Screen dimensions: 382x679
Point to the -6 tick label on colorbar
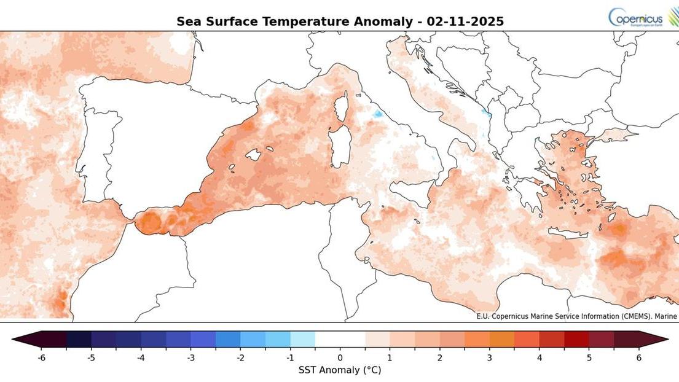41,357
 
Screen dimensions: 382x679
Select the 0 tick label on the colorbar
340,357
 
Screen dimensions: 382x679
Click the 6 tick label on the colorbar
639,357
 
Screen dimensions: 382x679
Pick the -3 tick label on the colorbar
190,357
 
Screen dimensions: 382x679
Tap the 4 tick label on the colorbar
540,357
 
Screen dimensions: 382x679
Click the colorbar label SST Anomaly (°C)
340,370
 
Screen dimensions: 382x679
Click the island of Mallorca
253,155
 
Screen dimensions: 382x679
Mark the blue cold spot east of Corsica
378,114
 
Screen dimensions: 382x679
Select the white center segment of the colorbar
340,340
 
